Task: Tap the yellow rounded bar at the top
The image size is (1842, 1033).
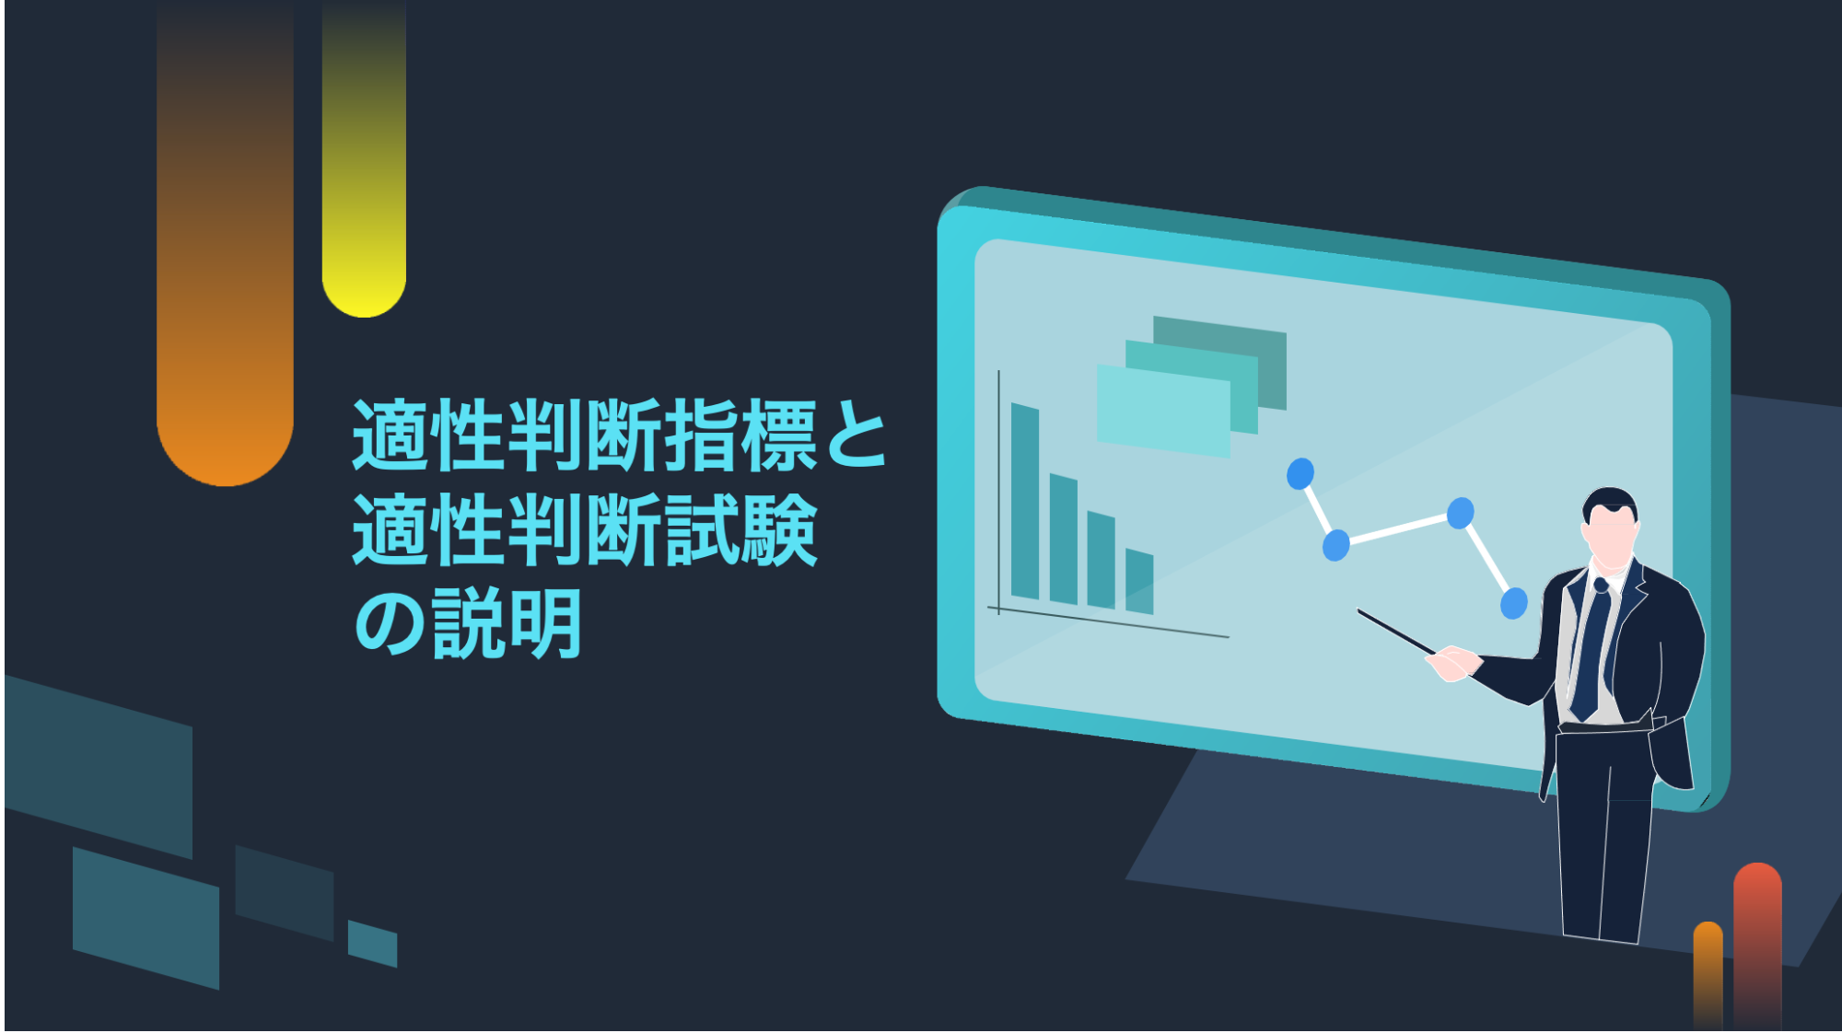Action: click(364, 161)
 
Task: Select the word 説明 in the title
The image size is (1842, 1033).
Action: click(507, 624)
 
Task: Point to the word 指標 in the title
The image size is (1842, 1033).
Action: click(740, 435)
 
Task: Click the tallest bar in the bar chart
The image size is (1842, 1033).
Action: click(1025, 502)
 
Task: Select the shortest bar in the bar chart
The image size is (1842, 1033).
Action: click(1139, 582)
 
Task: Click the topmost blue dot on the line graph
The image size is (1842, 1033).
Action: click(1300, 474)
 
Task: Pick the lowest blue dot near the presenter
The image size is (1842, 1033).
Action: click(1514, 604)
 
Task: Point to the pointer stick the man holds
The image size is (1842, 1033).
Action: click(1398, 633)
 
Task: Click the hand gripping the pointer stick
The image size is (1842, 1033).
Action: click(1453, 664)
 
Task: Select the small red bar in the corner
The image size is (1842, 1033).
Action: click(1757, 946)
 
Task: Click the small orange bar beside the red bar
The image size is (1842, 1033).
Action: click(1708, 976)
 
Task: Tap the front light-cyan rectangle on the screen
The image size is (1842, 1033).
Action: click(1164, 412)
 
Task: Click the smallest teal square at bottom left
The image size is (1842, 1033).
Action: click(372, 944)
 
